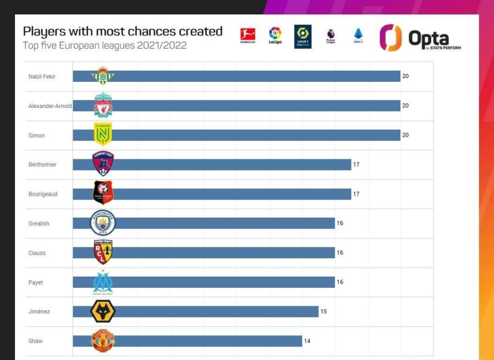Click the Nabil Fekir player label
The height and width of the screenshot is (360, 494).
click(42, 76)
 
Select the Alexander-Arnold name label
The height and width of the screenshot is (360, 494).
click(50, 106)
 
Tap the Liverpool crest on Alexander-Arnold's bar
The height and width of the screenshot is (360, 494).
click(103, 105)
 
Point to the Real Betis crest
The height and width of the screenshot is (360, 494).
click(103, 76)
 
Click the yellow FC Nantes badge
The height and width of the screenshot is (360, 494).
click(103, 134)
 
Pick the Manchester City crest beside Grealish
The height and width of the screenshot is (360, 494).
click(103, 223)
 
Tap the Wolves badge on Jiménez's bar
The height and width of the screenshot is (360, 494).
click(103, 311)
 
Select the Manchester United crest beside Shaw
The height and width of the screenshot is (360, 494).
click(103, 341)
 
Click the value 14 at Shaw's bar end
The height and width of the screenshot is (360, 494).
click(307, 341)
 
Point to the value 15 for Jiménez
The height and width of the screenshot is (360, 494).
click(323, 311)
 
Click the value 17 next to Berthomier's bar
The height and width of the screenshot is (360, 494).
click(356, 164)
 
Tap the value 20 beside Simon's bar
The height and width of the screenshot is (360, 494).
click(405, 135)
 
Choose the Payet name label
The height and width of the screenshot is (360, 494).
click(36, 282)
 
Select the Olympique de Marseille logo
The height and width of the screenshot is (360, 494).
click(103, 282)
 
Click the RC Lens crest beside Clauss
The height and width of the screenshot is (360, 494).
click(103, 252)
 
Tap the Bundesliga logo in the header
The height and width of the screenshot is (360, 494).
click(248, 36)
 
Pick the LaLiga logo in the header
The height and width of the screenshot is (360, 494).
click(275, 36)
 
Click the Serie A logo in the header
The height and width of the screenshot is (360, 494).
click(358, 36)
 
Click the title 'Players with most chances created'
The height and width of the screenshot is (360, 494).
click(122, 31)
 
